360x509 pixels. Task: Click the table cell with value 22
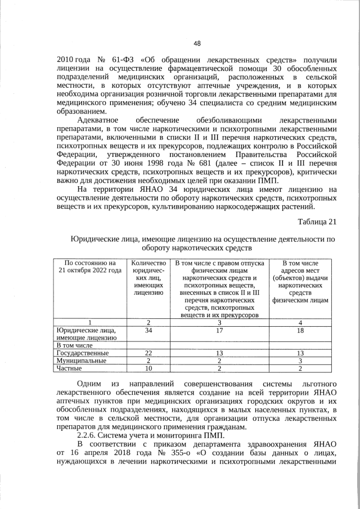[x=147, y=353]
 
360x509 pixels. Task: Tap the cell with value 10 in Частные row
[x=147, y=368]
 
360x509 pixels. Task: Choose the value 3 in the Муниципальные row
[x=300, y=361]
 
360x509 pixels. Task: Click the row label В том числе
[x=73, y=345]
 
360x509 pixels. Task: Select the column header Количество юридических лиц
[x=147, y=278]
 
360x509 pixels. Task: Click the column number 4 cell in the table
[x=300, y=322]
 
